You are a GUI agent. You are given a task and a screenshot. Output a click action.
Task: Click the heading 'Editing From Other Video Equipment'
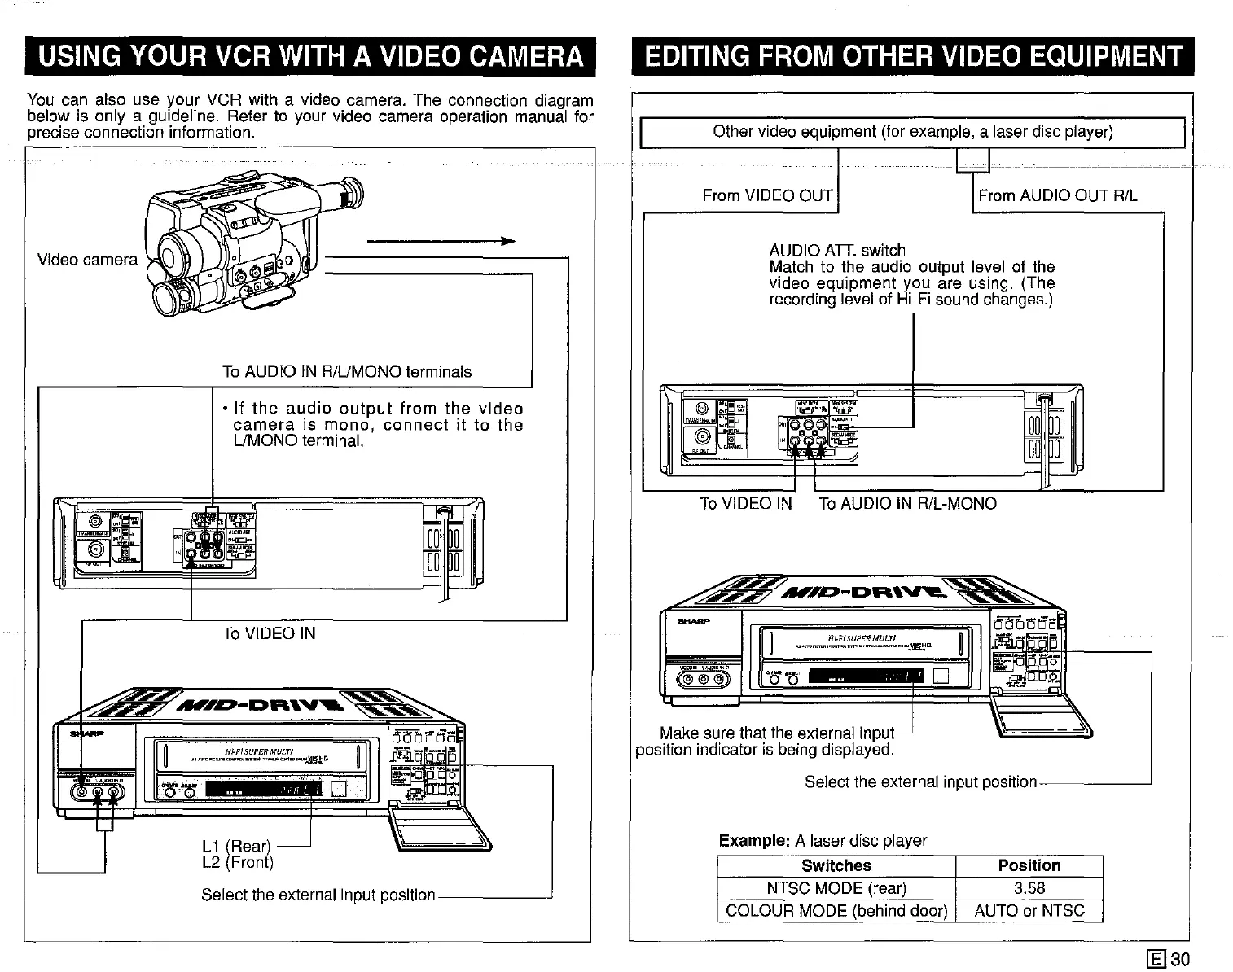912,57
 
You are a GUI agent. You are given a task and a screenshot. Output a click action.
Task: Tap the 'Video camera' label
87,260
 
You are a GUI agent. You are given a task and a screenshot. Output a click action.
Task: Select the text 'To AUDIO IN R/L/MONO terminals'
347,372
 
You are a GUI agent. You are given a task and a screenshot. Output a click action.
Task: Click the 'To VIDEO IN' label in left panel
269,633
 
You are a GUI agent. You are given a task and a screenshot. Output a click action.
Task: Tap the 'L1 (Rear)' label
236,847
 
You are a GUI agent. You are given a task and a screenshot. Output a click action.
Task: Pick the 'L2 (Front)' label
238,862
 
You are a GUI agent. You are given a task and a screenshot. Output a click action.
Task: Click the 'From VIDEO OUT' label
767,195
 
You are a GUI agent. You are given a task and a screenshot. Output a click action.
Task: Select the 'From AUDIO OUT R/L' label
1057,195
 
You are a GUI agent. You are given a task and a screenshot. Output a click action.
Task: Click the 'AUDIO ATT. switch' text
836,251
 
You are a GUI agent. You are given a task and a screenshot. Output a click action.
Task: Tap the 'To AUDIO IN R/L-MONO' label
907,504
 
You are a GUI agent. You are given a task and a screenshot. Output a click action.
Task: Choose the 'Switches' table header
836,866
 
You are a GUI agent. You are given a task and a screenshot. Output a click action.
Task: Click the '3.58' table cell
1029,888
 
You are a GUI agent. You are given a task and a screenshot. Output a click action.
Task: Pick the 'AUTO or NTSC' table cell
1029,910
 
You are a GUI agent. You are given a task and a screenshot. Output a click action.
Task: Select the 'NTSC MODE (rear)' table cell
836,888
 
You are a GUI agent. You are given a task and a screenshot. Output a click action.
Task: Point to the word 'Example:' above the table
753,841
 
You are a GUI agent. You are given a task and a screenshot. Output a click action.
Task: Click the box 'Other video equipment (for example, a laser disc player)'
912,132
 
